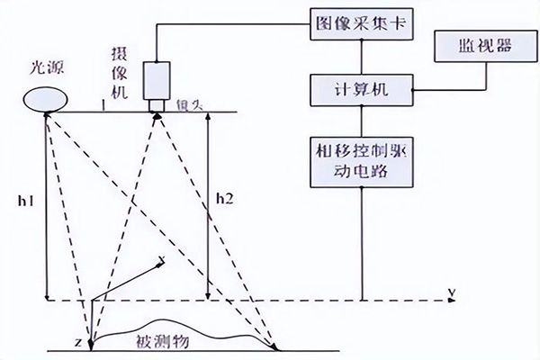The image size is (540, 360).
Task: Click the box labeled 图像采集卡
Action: (361, 23)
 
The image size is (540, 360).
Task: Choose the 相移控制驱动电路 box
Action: (361, 160)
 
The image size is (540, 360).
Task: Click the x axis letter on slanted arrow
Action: (161, 261)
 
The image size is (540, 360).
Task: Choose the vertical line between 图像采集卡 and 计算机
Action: (361, 58)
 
